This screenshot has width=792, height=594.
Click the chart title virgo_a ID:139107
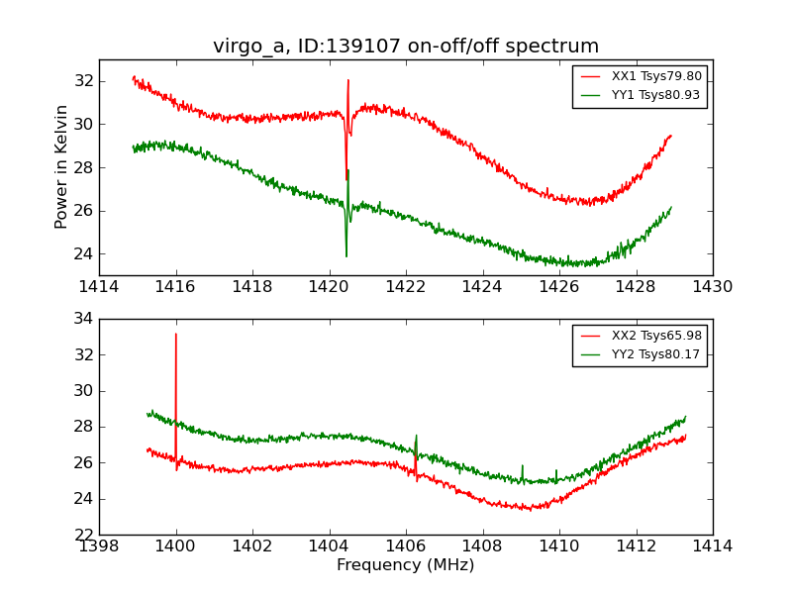406,47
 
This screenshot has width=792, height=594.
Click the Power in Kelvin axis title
61,166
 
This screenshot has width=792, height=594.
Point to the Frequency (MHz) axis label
406,565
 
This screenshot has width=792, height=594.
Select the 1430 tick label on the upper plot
712,287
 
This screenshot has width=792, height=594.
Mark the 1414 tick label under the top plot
99,287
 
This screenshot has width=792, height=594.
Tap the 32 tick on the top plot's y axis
84,81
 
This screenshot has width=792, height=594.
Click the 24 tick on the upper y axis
84,253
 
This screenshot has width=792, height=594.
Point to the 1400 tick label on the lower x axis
176,546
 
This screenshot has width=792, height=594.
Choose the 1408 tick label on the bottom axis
482,546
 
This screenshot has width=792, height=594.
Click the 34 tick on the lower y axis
84,319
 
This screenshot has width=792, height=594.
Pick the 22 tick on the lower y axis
84,535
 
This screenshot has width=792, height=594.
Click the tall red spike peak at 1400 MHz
176,334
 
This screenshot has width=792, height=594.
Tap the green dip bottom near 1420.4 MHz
346,256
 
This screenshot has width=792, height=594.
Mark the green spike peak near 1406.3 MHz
416,435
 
